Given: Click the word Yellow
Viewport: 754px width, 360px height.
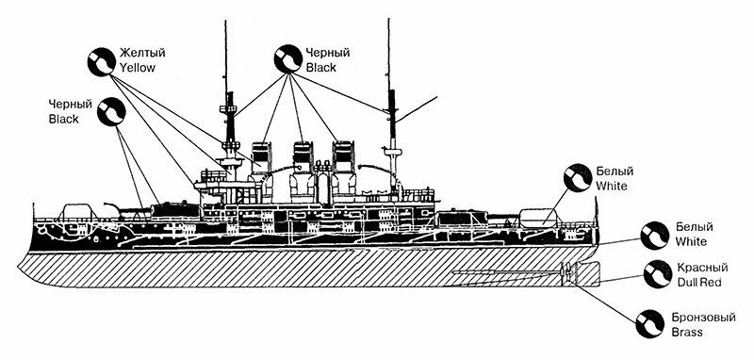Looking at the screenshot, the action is point(135,68).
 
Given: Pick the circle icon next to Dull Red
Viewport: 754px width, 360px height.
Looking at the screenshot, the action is point(656,274).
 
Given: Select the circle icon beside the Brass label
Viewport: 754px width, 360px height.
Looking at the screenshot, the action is point(648,324).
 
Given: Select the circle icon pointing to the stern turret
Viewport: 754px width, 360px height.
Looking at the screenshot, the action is point(578,179).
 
